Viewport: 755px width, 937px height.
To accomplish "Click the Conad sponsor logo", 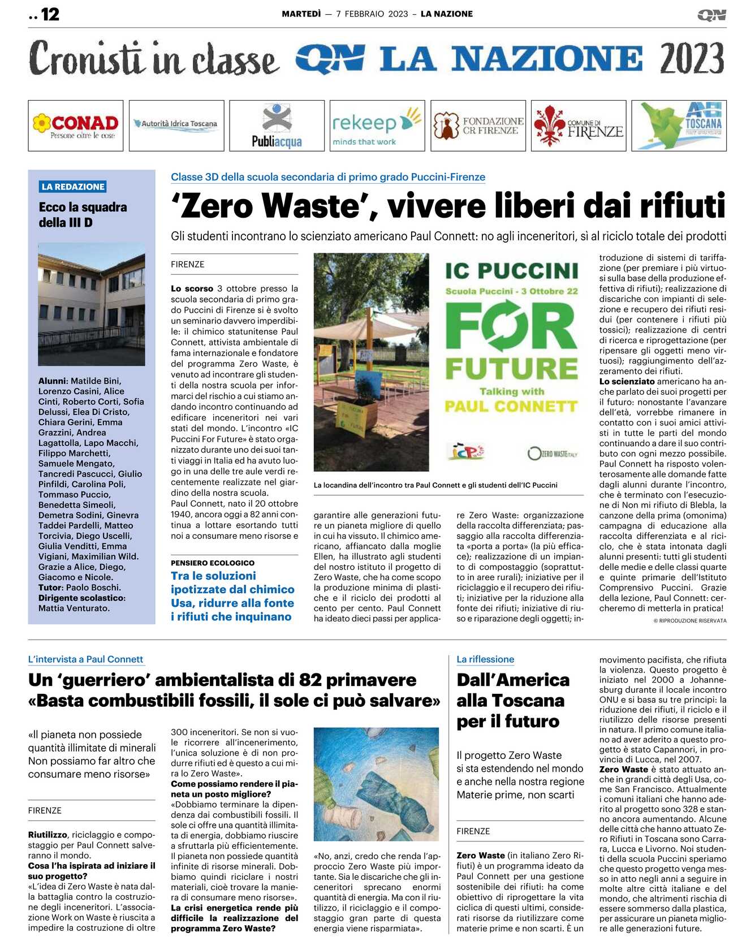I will pos(75,126).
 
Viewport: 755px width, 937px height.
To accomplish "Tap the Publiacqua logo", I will pos(277,126).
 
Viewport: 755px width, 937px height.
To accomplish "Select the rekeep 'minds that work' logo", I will pos(377,126).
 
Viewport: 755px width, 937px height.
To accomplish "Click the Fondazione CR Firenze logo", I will pos(478,126).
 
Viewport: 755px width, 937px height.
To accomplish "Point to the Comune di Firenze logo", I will pos(578,126).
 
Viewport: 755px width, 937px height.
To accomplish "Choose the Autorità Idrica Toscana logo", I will pos(176,124).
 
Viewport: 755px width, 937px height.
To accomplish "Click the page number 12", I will pos(50,14).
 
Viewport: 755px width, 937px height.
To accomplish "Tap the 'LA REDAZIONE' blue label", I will pos(73,187).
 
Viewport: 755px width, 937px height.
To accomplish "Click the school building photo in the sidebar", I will pos(92,304).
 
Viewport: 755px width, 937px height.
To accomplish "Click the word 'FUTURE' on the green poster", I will pos(511,368).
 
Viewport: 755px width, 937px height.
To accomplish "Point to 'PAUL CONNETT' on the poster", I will pos(511,407).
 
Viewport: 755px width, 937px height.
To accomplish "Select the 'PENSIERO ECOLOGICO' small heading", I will pos(213,563).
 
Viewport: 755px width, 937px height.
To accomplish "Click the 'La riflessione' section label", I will pos(485,659).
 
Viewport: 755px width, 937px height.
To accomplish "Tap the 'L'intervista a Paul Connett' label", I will pos(85,659).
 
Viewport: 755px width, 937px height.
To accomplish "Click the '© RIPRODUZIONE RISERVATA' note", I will pos(690,621).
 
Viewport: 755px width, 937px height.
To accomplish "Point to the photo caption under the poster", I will pos(435,485).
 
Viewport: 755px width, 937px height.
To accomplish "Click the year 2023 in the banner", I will pos(691,59).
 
